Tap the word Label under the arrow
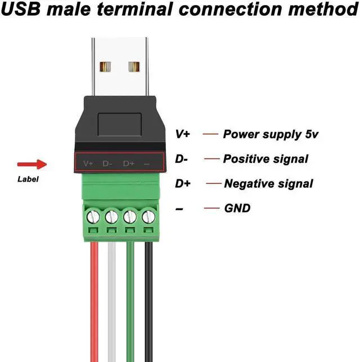[x=28, y=180]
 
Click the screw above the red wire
[x=93, y=216]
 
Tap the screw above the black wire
[x=148, y=216]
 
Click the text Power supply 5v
[x=272, y=134]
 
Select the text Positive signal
[x=265, y=159]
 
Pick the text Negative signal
[x=268, y=184]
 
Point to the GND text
[x=237, y=209]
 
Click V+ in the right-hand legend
[x=183, y=134]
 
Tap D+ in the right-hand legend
[x=183, y=184]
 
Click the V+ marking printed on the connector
[x=88, y=164]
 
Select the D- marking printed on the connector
[x=108, y=164]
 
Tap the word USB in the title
[x=20, y=10]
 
